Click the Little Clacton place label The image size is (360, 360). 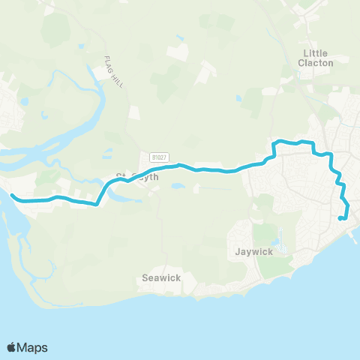tap(316, 58)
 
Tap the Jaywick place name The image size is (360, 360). tap(253, 251)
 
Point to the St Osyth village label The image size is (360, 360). tap(135, 178)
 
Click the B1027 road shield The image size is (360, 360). tap(157, 157)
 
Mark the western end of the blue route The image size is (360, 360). tap(12, 196)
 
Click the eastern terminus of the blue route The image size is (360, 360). tap(340, 218)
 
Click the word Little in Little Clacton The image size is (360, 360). tap(316, 52)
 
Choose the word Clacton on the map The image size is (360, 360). tap(316, 63)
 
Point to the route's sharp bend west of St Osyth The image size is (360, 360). tap(97, 203)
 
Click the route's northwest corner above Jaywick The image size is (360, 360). tap(274, 142)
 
